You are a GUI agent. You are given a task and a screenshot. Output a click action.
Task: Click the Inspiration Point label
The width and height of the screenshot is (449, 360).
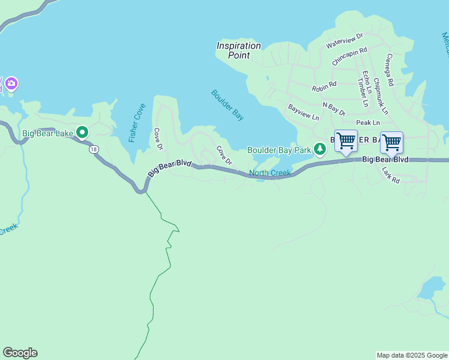click(239, 50)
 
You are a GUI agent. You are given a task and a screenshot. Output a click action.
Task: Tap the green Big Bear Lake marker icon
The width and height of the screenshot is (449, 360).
click(82, 133)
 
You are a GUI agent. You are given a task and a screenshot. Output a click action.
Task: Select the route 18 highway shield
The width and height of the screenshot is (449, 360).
click(94, 149)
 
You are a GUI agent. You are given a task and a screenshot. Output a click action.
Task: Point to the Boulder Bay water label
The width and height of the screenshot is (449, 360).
click(228, 105)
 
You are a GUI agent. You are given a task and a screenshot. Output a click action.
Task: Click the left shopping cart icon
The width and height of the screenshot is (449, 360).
click(346, 142)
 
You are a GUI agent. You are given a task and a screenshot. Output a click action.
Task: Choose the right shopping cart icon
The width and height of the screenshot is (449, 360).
click(391, 143)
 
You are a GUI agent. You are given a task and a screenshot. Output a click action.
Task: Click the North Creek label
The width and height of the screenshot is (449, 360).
click(270, 173)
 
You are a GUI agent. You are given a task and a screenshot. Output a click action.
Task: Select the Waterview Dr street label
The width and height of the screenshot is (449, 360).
click(345, 41)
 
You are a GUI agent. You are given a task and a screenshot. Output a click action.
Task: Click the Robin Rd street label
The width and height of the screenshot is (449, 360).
click(324, 88)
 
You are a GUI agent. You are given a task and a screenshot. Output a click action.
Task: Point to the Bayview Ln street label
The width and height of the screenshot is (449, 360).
click(303, 112)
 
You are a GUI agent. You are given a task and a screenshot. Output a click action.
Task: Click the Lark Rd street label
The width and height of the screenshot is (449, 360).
click(391, 175)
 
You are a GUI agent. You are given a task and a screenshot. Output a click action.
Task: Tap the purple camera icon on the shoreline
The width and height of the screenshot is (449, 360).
click(12, 83)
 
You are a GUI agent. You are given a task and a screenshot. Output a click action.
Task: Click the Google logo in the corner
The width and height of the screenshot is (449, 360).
click(20, 353)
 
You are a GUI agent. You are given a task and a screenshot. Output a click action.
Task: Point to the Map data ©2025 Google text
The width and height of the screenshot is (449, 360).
click(412, 355)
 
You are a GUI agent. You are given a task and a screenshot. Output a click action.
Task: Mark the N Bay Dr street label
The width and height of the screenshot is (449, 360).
click(334, 109)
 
